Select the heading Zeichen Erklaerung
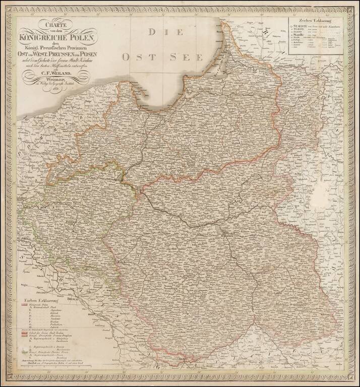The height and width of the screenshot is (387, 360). click(315, 22)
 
